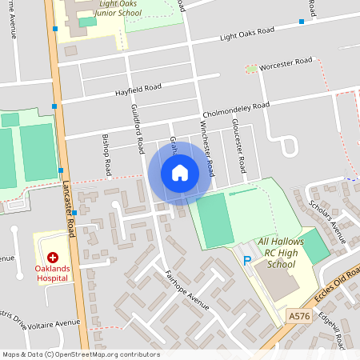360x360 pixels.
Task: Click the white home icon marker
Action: point(180,172)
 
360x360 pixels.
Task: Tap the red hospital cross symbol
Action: point(53,258)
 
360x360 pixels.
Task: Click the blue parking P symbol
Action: point(246,260)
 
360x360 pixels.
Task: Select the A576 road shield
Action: point(299,317)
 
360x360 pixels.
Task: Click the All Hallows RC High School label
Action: point(282,253)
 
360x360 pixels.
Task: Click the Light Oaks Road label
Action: point(246,34)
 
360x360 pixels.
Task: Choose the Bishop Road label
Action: point(106,155)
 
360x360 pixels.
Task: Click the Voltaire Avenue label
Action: point(54,323)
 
